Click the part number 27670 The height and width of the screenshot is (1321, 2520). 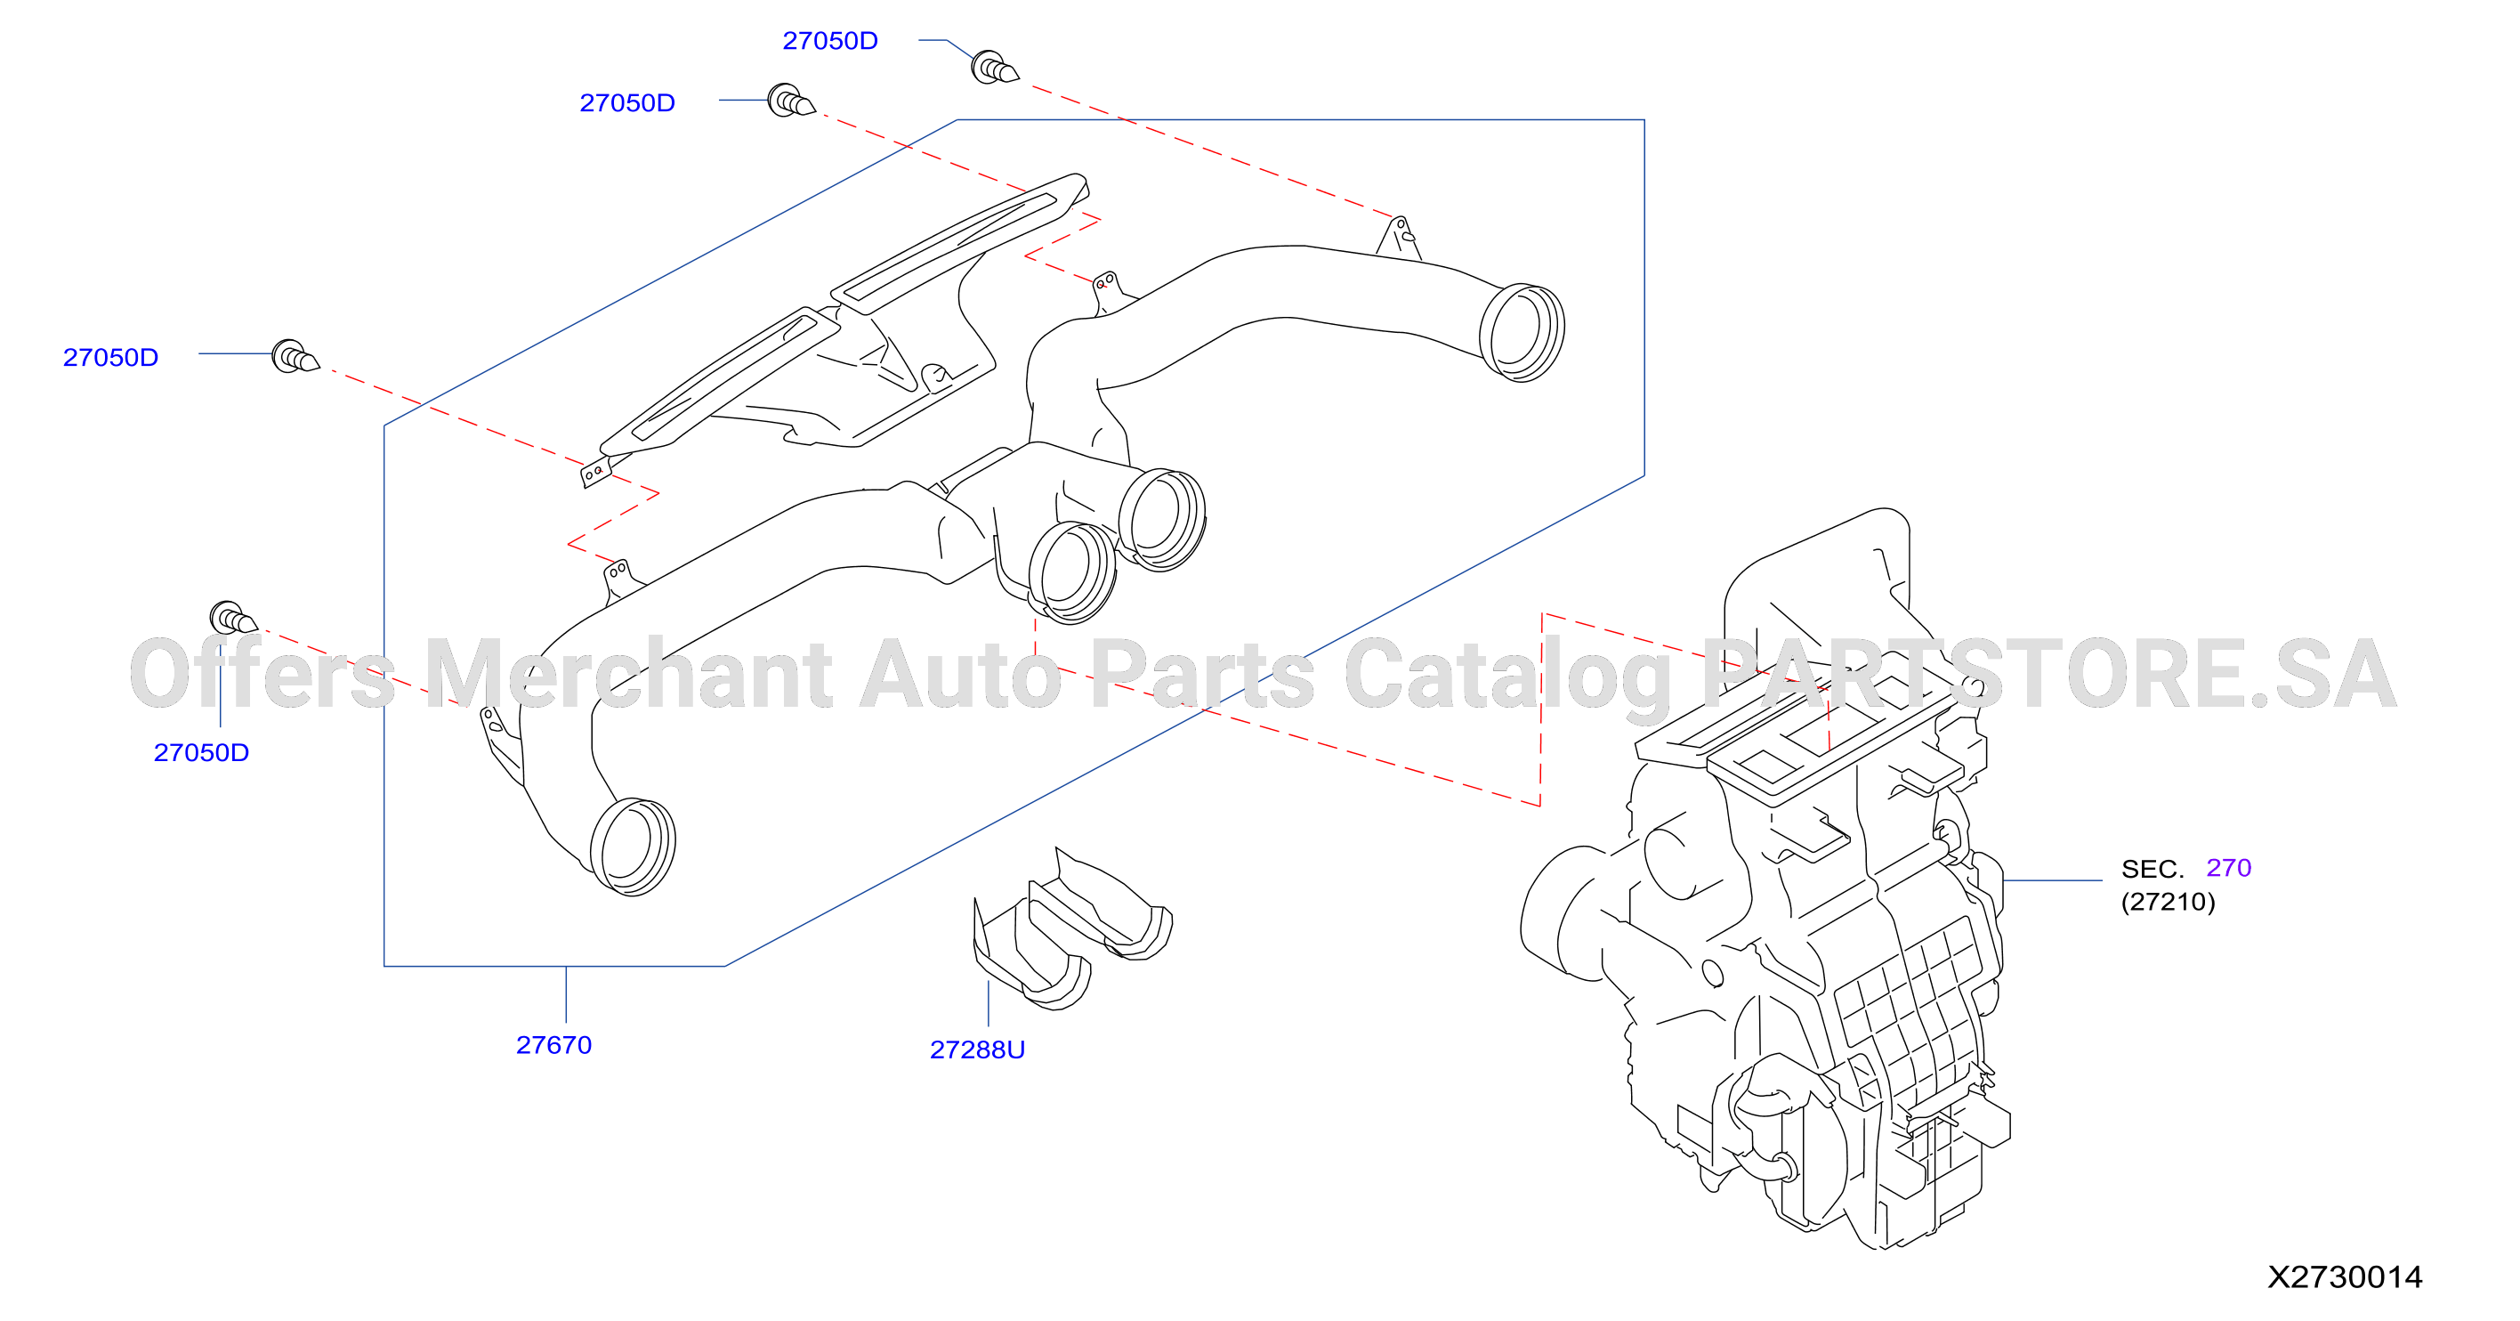553,1045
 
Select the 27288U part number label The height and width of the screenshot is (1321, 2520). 977,1050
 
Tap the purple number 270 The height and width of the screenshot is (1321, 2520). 2228,868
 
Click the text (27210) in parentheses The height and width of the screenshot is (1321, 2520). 2168,901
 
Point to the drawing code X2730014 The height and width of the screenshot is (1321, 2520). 2345,1277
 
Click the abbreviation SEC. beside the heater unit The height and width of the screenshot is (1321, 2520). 2152,869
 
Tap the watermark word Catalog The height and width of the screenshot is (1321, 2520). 1508,677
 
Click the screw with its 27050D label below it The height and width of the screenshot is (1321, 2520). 233,619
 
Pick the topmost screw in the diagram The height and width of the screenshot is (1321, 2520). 994,68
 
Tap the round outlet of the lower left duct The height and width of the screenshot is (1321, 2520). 632,847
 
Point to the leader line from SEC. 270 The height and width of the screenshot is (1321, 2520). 2052,880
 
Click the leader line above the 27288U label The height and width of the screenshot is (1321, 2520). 988,1004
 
